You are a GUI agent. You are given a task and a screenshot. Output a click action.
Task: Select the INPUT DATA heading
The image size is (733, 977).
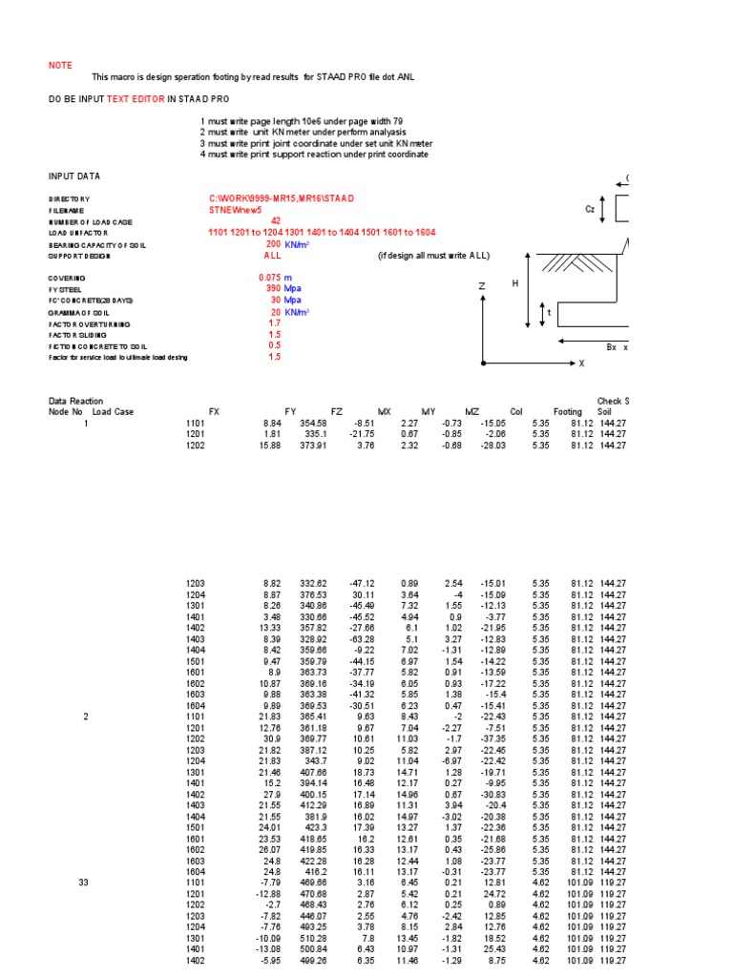[74, 176]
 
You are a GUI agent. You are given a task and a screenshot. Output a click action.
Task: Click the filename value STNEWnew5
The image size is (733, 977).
[235, 209]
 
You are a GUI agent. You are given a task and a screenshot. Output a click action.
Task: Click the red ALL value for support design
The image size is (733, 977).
[273, 256]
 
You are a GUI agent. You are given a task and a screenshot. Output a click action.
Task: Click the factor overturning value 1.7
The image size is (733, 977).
[275, 322]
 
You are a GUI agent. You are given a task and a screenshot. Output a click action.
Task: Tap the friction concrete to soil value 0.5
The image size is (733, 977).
[275, 345]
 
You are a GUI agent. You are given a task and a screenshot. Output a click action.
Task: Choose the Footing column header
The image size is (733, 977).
[567, 412]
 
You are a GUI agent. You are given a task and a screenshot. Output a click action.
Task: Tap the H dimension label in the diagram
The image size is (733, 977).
[513, 284]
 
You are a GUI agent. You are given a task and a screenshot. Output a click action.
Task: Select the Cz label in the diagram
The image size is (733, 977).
[590, 209]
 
